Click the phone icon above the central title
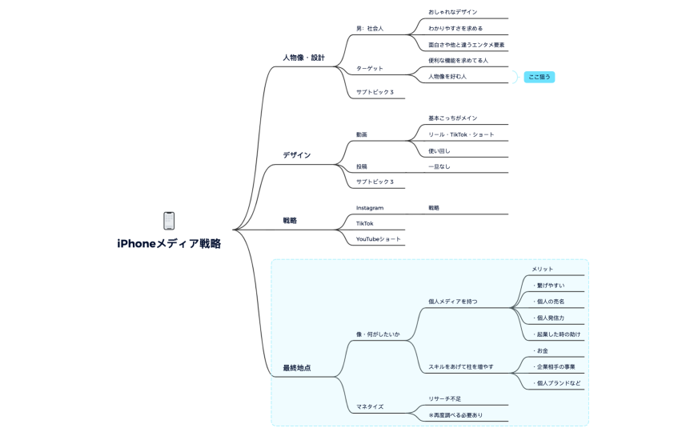pos(169,220)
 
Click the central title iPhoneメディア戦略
pos(169,244)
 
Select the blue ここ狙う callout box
pos(539,77)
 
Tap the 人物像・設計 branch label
pos(303,58)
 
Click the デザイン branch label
pos(296,155)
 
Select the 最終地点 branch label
pos(296,368)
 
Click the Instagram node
pos(370,208)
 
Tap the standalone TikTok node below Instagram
pos(365,223)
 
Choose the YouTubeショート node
pos(379,238)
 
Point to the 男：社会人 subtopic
pos(370,29)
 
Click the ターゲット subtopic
pos(370,69)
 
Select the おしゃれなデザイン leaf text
pos(452,13)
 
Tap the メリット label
pos(543,269)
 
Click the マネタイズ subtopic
pos(370,406)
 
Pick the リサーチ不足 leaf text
pos(444,398)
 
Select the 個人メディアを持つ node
pos(453,302)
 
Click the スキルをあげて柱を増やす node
pos(460,366)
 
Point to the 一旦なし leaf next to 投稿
pos(439,166)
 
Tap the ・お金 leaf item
pos(540,350)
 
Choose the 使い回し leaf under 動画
pos(439,150)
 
